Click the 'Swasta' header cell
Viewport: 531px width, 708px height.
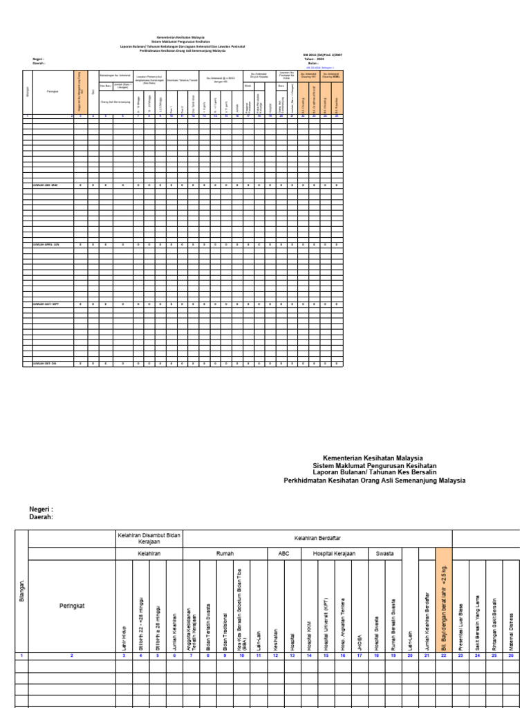[385, 553]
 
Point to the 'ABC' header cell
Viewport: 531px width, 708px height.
[284, 553]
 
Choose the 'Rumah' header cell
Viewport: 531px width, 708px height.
[225, 553]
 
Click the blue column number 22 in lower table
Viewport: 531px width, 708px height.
[444, 655]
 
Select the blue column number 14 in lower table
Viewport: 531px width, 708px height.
[309, 655]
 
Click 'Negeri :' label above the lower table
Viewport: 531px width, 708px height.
[41, 509]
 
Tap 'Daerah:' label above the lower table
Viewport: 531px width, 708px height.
[41, 516]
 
